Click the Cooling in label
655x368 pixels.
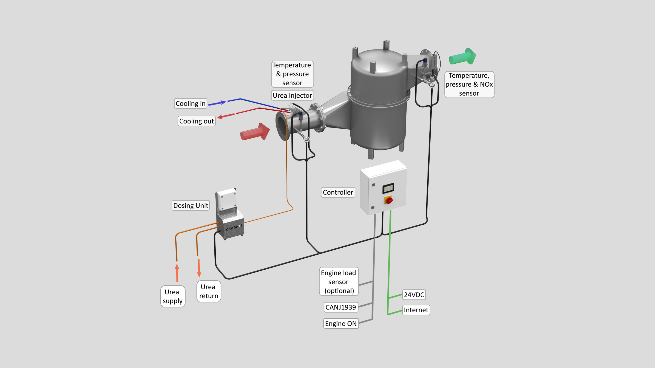point(191,103)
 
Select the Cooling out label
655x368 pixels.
point(196,121)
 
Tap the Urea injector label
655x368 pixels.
point(292,95)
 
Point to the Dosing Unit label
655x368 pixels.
point(191,205)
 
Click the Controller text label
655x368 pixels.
point(338,192)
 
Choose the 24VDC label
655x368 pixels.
point(414,295)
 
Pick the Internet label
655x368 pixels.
point(416,310)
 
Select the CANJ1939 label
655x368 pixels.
point(341,307)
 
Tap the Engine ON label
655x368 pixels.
point(341,324)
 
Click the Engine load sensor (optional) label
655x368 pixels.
point(339,282)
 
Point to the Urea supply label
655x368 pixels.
point(173,296)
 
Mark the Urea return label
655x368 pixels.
point(209,291)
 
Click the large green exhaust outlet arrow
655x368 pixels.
point(462,56)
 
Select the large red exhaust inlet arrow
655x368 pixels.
point(255,132)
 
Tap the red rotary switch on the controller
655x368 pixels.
point(389,200)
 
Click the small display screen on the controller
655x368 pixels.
point(388,189)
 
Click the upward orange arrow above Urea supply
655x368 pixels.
point(177,273)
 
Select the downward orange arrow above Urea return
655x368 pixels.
point(199,268)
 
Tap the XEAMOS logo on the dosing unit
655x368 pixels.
point(234,227)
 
